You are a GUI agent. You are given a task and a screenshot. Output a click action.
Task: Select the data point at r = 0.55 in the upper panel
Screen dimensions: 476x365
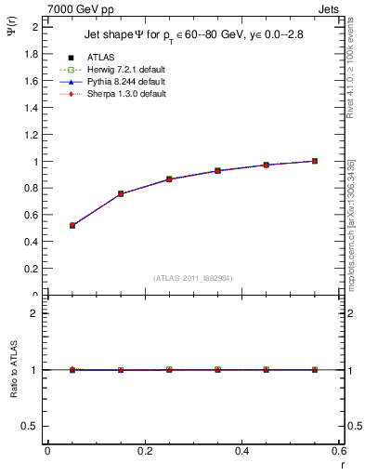315,161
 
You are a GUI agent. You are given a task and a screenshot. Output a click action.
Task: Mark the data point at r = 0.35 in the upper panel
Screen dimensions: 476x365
217,171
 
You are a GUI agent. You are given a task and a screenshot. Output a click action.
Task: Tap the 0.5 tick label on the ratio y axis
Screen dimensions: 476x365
32,426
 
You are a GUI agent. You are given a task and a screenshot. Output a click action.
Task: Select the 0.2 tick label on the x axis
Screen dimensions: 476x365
144,451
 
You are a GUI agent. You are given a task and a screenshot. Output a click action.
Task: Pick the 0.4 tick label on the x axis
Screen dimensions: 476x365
241,451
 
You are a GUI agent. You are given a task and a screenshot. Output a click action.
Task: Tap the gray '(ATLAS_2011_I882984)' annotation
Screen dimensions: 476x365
192,278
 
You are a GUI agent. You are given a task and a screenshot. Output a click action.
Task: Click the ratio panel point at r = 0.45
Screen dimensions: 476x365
267,370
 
